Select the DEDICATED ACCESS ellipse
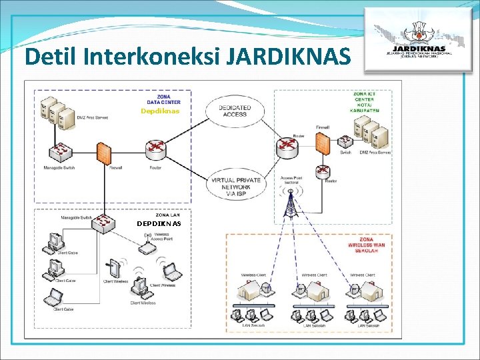[233, 111]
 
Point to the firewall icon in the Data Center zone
[103, 153]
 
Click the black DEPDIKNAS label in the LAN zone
[159, 223]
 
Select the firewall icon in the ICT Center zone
[322, 142]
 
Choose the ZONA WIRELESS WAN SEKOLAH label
[365, 244]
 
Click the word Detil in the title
[51, 57]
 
